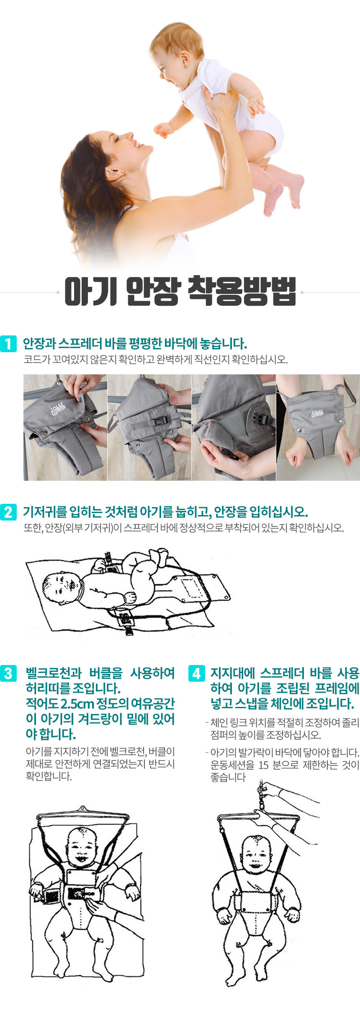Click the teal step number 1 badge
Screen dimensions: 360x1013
(x=8, y=344)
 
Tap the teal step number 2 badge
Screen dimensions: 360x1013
(x=8, y=512)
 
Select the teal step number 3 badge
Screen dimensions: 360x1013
(x=8, y=673)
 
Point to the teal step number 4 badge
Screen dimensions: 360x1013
(x=197, y=673)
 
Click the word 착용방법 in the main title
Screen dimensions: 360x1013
(x=242, y=291)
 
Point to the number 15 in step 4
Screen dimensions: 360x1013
(x=263, y=765)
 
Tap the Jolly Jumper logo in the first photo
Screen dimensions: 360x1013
(x=57, y=408)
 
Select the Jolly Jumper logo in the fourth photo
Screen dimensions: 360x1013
(x=317, y=413)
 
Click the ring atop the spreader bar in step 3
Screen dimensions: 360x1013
(x=82, y=808)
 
